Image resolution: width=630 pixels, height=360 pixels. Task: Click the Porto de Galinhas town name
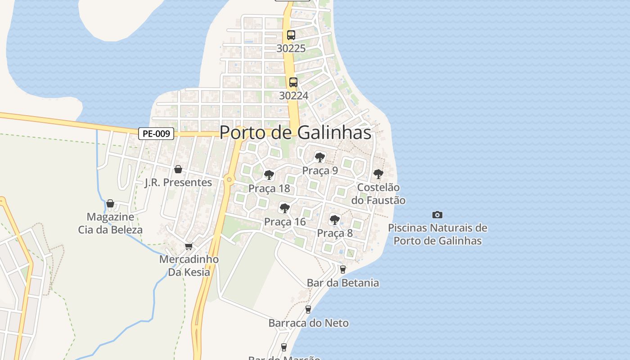point(296,132)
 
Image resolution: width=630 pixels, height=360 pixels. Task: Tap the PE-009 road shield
point(156,133)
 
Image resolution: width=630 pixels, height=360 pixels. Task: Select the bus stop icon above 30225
point(291,35)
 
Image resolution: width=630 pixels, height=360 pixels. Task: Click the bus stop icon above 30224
point(293,82)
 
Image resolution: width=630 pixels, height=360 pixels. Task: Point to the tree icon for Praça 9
point(320,157)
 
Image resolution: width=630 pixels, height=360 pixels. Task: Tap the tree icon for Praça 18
point(269,175)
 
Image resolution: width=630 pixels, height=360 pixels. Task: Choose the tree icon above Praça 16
point(284,208)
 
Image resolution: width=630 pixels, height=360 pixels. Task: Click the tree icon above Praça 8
point(334,220)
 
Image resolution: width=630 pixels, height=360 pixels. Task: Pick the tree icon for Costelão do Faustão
point(378,174)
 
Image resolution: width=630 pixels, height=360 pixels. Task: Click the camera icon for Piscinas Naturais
point(437,215)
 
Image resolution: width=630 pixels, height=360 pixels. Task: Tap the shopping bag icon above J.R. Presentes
point(178,169)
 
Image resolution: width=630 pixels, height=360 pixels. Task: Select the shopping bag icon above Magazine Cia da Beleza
point(110,203)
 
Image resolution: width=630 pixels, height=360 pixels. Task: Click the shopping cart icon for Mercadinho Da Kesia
point(189,246)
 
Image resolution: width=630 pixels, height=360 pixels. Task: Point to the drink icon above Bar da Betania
point(343,270)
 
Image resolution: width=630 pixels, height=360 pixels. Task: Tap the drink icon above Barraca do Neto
point(308,310)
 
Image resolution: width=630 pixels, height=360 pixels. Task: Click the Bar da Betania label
point(343,283)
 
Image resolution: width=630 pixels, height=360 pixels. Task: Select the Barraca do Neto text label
point(309,323)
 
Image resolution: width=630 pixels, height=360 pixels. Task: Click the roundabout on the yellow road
point(229,180)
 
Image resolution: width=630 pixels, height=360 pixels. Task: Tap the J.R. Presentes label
point(178,182)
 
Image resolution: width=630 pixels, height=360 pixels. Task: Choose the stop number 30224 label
point(293,95)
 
